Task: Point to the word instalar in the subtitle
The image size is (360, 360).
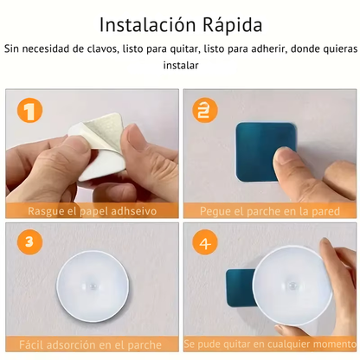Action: pyautogui.click(x=180, y=65)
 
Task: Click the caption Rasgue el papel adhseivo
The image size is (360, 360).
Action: pyautogui.click(x=90, y=210)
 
